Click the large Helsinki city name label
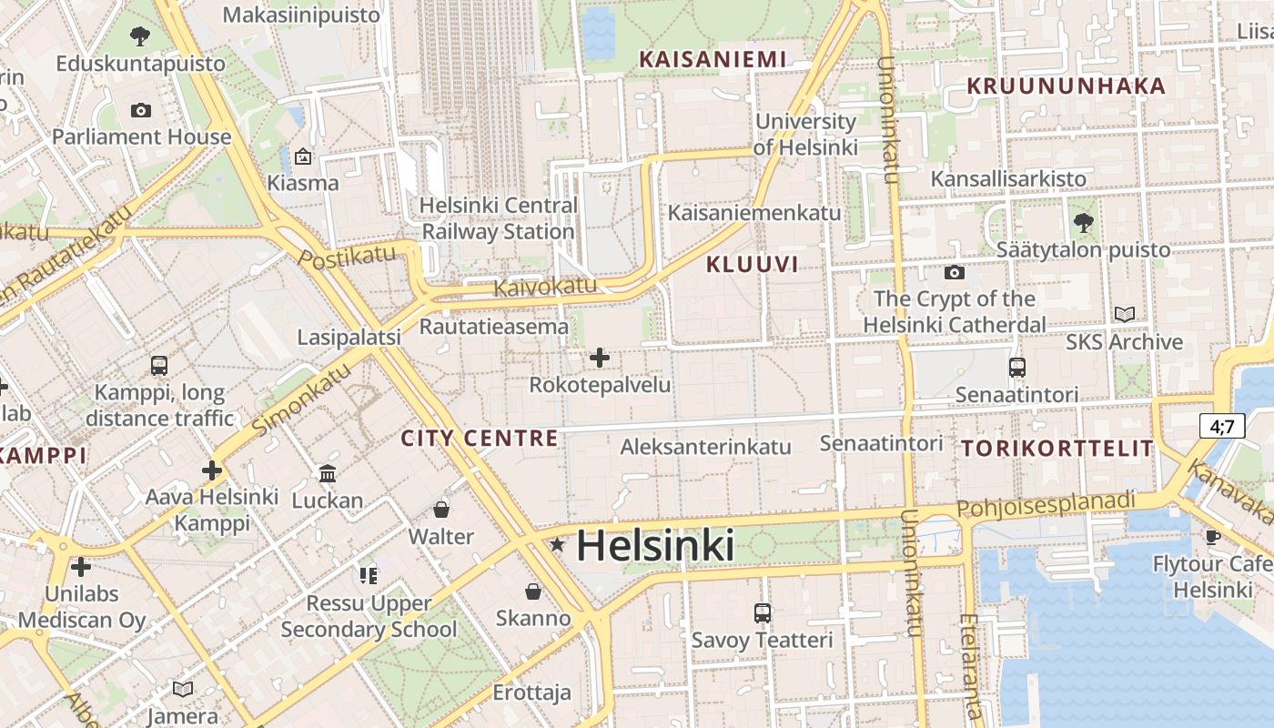tap(655, 546)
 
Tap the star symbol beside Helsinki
tap(557, 545)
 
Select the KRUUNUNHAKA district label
tap(1065, 86)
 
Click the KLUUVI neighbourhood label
tap(752, 265)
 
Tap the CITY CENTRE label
tap(480, 439)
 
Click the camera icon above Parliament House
tap(141, 110)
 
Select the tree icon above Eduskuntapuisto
tap(140, 36)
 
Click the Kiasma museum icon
tap(303, 157)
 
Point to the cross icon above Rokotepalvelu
tap(600, 358)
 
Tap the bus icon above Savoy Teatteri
tap(763, 613)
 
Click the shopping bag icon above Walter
tap(441, 510)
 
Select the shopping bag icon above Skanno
tap(533, 591)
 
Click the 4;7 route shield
tap(1221, 426)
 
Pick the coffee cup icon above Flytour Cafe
tap(1213, 537)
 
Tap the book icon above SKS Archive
tap(1125, 315)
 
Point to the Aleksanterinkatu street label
tap(705, 447)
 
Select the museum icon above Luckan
tap(328, 473)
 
